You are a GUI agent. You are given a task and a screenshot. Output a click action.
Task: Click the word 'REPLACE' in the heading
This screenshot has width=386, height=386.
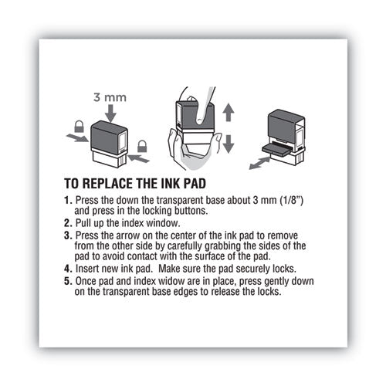[x=123, y=186]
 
